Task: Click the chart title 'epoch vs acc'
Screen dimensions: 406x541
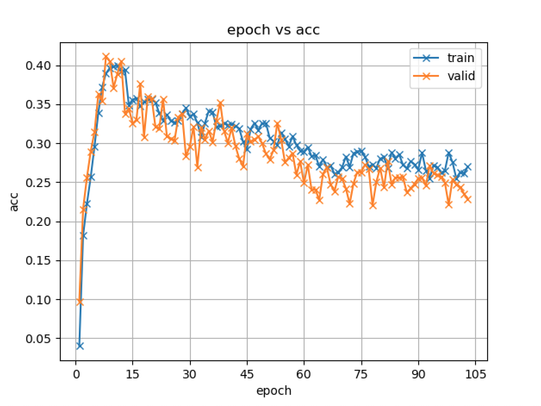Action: [274, 31]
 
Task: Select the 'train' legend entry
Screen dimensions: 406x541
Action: [460, 58]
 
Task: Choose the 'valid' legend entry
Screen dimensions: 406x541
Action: [460, 76]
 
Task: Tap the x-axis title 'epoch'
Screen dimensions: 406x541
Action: [274, 391]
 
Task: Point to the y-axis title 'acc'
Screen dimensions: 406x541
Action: [15, 202]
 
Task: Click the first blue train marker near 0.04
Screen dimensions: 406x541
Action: [80, 346]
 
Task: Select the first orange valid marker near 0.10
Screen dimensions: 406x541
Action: [80, 302]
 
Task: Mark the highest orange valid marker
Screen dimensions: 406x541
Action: [106, 56]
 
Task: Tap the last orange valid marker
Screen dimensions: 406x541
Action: [468, 199]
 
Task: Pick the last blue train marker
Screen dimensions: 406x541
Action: [468, 167]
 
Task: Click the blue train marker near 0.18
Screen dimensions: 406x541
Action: [84, 235]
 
